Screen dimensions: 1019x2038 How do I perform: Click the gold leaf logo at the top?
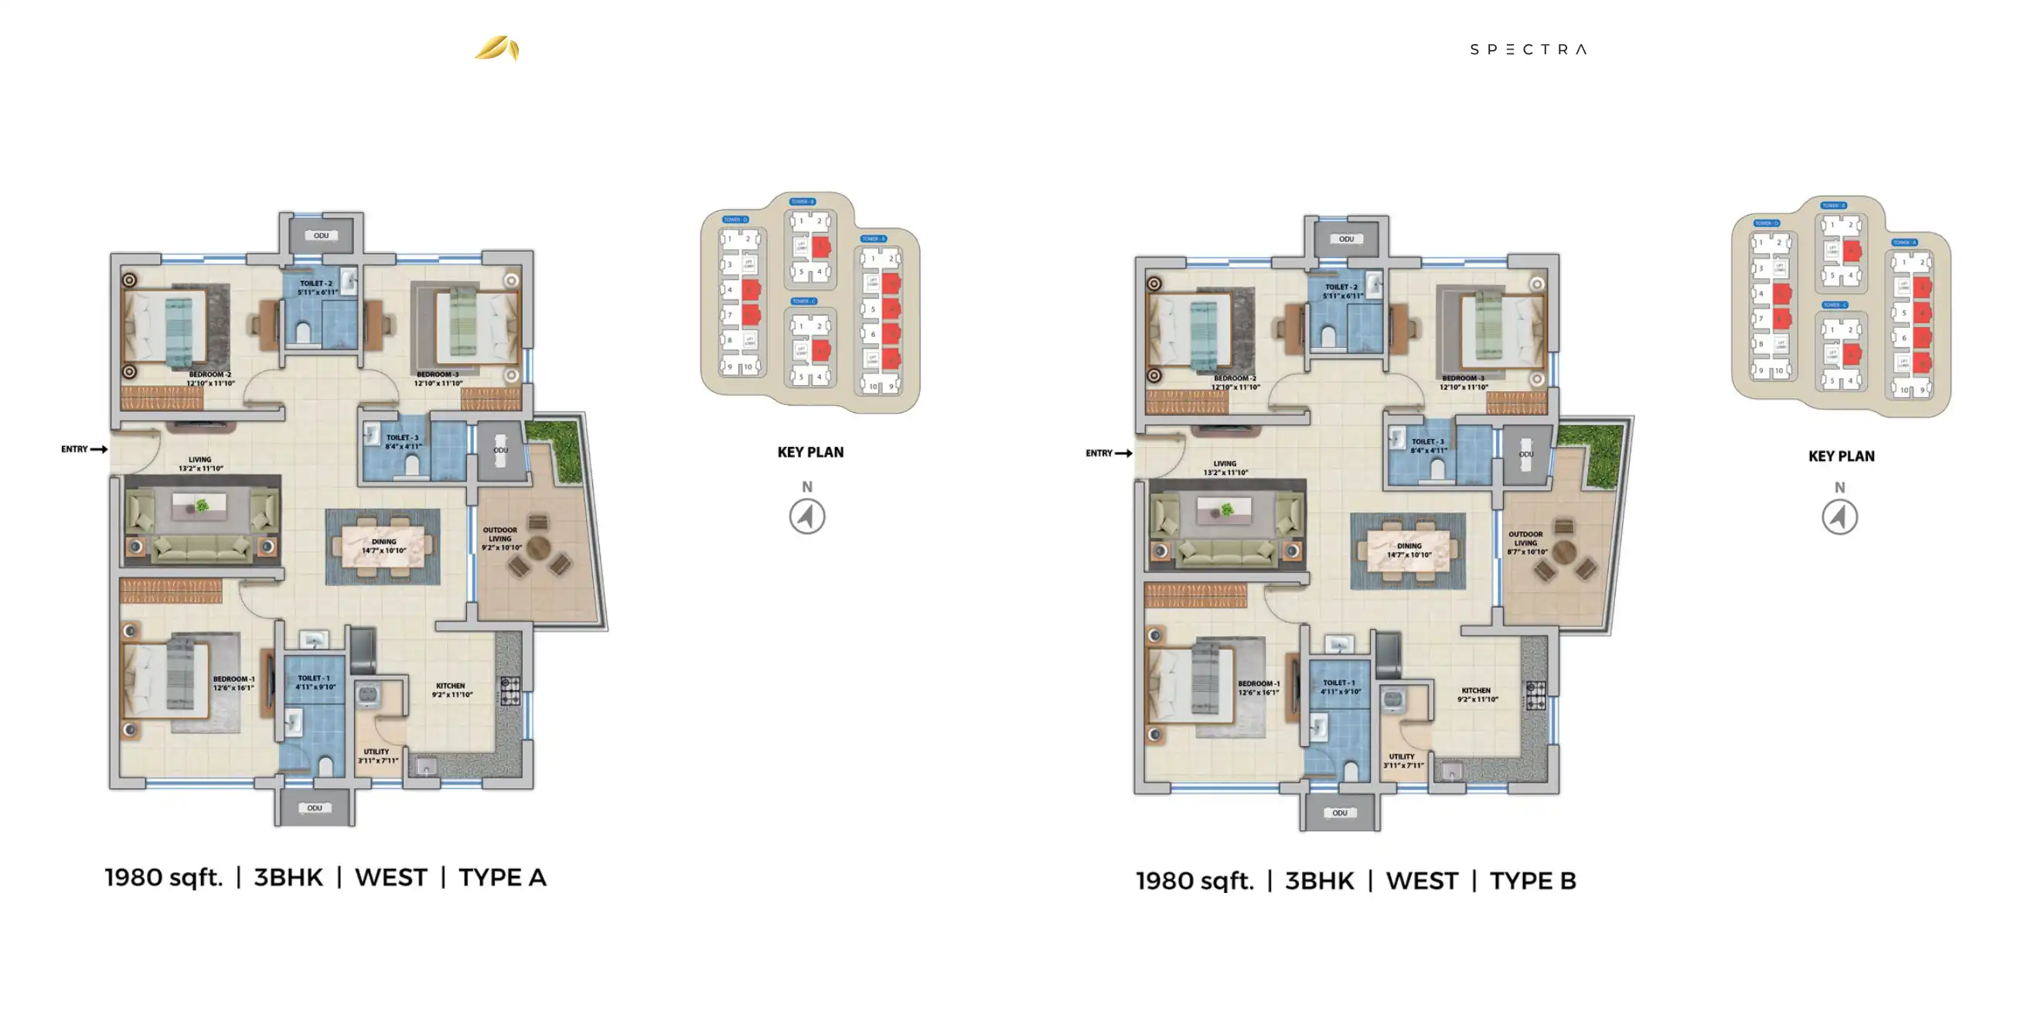click(x=497, y=48)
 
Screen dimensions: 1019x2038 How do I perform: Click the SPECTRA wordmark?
click(x=1528, y=49)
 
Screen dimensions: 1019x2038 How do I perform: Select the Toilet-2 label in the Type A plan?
click(x=316, y=287)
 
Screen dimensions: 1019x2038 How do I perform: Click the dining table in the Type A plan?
click(x=383, y=546)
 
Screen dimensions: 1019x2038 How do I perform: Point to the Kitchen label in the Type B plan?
click(x=1476, y=694)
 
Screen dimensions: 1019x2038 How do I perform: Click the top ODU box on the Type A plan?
click(x=320, y=235)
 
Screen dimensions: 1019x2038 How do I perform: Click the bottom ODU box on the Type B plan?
click(x=1339, y=813)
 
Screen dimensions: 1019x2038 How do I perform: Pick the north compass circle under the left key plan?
click(x=807, y=516)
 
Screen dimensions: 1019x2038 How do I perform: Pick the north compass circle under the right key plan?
click(x=1839, y=517)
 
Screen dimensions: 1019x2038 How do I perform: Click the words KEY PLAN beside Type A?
click(x=810, y=452)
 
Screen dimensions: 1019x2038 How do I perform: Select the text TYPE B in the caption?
click(x=1532, y=881)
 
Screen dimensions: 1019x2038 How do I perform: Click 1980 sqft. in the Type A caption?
click(x=164, y=878)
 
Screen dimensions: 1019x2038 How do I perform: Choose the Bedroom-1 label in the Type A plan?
click(x=233, y=683)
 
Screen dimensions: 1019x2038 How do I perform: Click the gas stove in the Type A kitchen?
click(x=510, y=690)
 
